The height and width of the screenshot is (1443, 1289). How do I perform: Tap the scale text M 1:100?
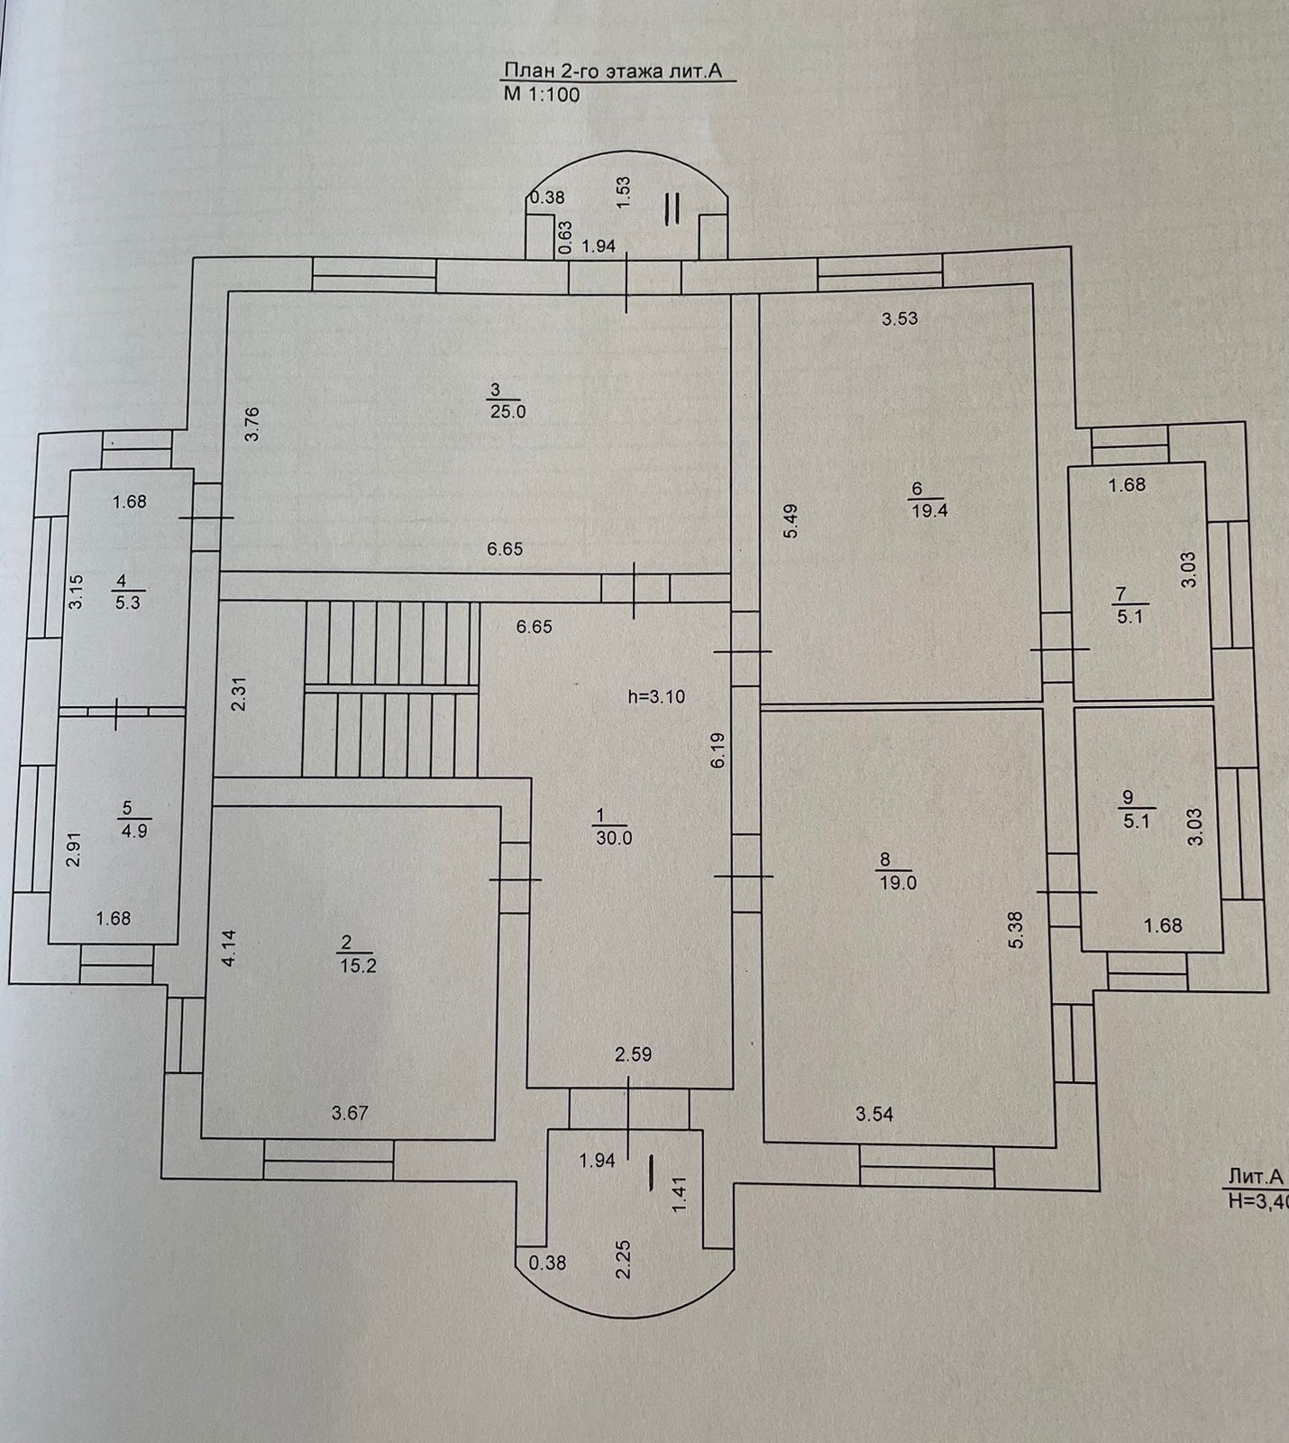(x=541, y=95)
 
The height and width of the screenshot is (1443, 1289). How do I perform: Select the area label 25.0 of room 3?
(x=506, y=411)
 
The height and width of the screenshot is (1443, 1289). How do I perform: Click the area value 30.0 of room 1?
(x=614, y=838)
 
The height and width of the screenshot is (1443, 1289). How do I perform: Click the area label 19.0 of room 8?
(x=898, y=883)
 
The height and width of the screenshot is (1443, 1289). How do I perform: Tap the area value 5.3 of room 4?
(x=128, y=602)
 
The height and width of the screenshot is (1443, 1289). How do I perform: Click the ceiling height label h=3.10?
(x=655, y=696)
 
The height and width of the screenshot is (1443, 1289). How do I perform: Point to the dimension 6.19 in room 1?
(x=718, y=749)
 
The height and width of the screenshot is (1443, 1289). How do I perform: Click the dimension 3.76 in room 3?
(x=252, y=424)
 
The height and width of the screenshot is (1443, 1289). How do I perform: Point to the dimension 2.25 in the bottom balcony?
(x=622, y=1258)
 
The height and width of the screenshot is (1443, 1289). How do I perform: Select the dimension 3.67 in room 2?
(x=350, y=1113)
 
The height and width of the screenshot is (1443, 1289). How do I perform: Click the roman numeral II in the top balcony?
(x=672, y=207)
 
